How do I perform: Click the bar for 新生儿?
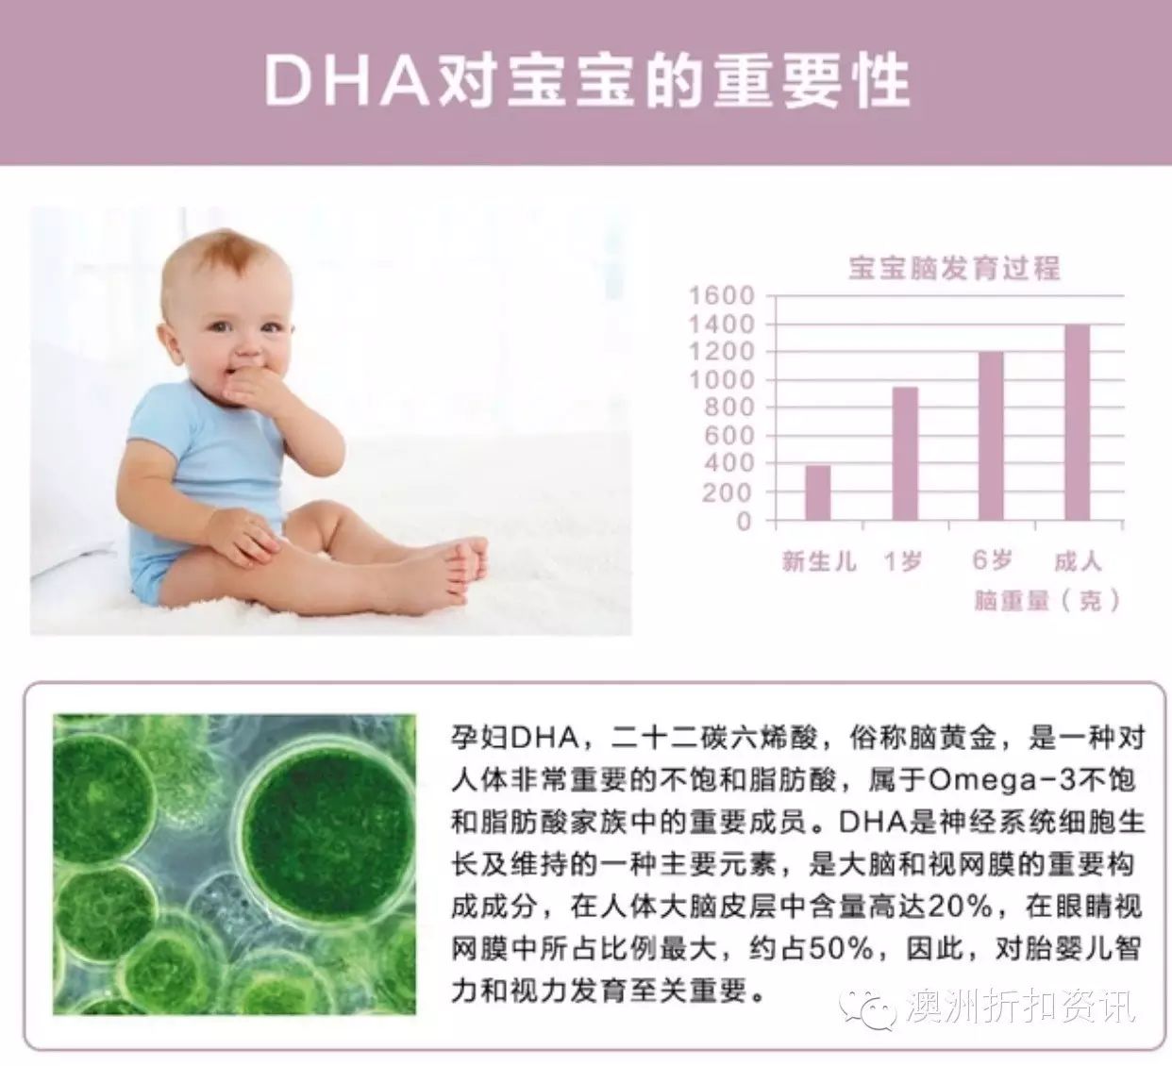(817, 492)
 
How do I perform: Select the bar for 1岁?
(905, 453)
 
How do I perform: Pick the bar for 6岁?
(991, 436)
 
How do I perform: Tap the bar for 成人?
(1078, 422)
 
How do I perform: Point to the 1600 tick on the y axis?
(722, 295)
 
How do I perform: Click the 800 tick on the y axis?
(729, 408)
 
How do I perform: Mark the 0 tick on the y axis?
(744, 521)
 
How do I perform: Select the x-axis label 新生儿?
(819, 561)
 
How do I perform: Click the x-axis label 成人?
(1078, 561)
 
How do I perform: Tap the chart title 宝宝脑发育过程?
(954, 269)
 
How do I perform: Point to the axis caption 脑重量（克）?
(1046, 601)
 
